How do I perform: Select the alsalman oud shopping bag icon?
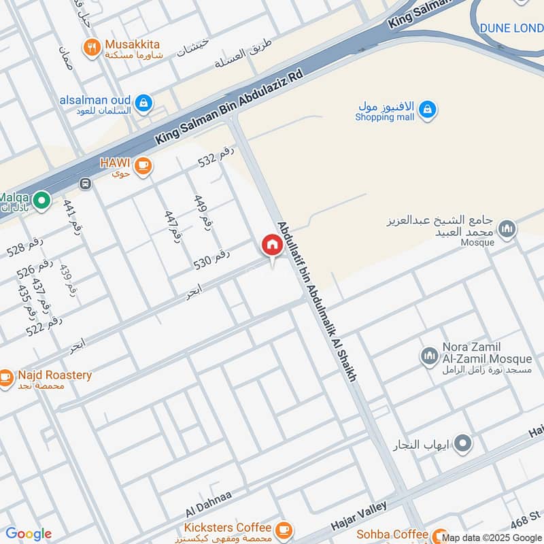click(143, 102)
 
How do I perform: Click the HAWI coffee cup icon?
click(143, 165)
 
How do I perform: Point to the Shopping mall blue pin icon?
click(427, 109)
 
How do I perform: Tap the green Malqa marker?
click(41, 201)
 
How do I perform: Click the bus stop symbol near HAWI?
click(85, 184)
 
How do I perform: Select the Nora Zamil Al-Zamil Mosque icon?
click(429, 356)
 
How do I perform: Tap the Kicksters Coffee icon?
click(284, 528)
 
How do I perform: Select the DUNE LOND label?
click(511, 28)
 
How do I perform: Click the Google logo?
click(29, 534)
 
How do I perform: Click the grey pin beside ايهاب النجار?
click(463, 444)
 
